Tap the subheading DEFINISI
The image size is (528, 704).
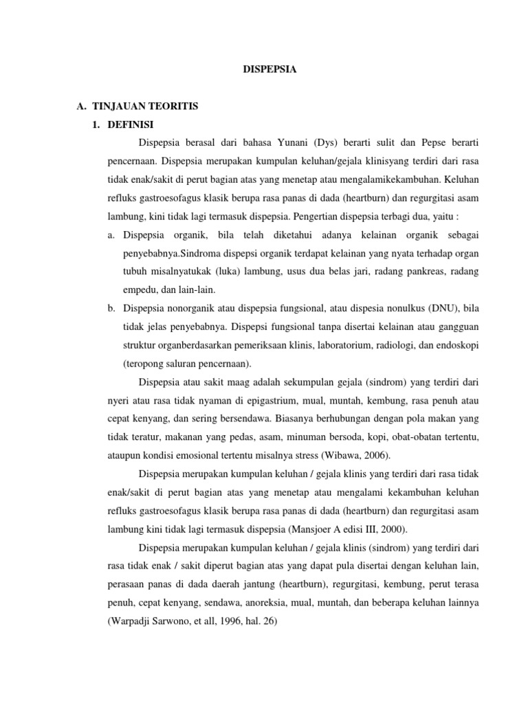(130, 124)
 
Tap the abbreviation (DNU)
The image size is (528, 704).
(421, 309)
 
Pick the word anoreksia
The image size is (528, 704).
(283, 602)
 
